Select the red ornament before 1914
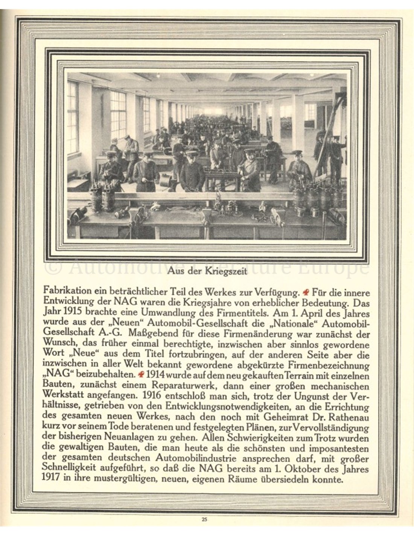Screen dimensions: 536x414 (141, 375)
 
